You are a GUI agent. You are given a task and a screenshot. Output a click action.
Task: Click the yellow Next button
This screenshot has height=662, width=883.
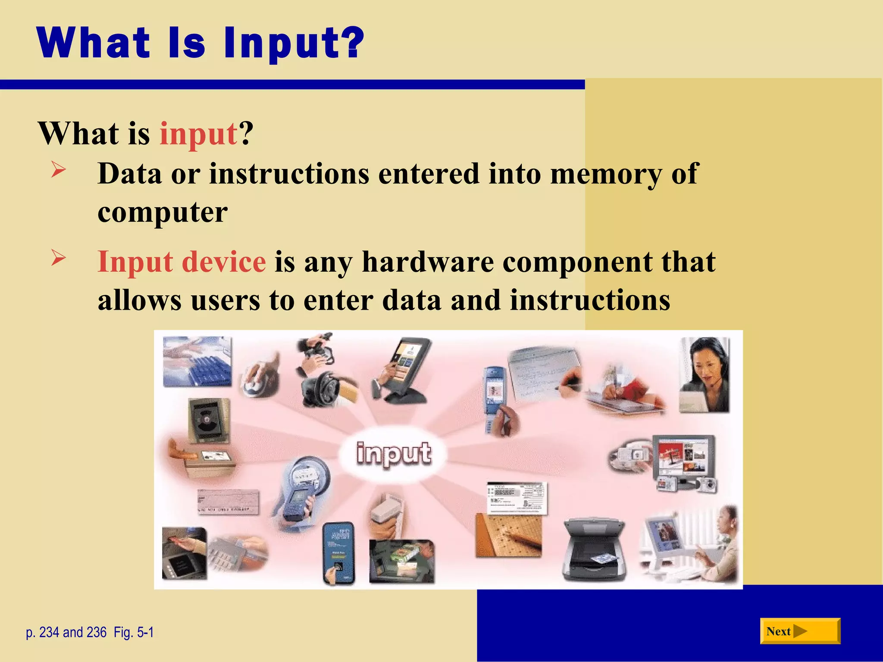coord(800,631)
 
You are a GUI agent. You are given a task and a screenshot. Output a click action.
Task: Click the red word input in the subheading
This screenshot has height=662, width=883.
coord(198,134)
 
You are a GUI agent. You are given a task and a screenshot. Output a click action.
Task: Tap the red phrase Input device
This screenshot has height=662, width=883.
coord(182,262)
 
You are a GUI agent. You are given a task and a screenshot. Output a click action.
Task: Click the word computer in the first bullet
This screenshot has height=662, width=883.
coord(163,212)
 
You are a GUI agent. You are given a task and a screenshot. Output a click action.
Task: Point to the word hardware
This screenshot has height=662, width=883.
coord(428,262)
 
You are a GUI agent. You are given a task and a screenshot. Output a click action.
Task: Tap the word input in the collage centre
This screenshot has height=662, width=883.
coord(393,453)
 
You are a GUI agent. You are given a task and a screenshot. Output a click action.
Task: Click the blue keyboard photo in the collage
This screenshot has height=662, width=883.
coord(197,362)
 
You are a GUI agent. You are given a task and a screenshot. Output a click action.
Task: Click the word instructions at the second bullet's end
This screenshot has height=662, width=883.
coord(590,300)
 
